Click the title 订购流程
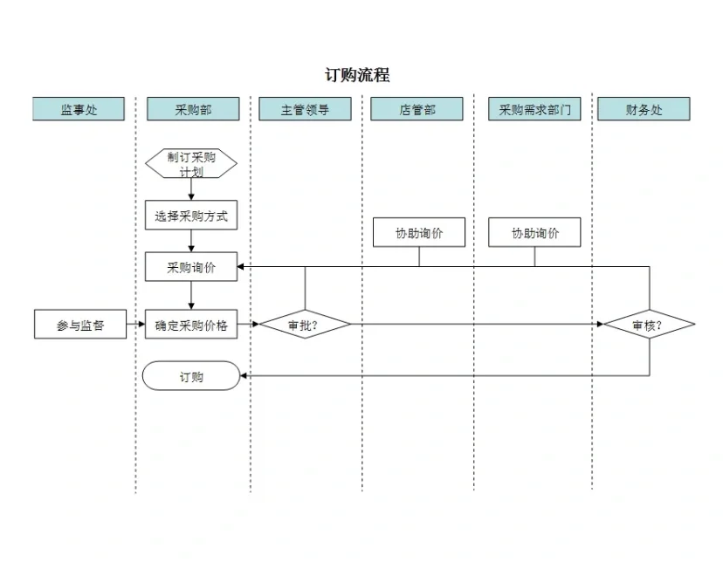click(x=358, y=75)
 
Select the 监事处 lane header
click(x=79, y=109)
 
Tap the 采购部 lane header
click(x=193, y=109)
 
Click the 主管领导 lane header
click(x=305, y=109)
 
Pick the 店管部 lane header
click(x=417, y=109)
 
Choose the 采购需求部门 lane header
click(x=534, y=109)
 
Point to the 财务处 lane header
click(x=644, y=109)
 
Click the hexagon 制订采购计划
click(x=191, y=163)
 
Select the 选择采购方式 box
click(x=191, y=216)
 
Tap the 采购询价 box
click(x=191, y=268)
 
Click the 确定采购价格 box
click(x=191, y=325)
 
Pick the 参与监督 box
click(x=80, y=325)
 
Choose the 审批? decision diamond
click(x=305, y=325)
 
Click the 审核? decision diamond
click(x=649, y=325)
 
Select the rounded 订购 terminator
click(x=191, y=376)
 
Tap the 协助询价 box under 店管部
click(x=418, y=233)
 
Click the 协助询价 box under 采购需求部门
click(x=534, y=233)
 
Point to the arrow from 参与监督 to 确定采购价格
click(x=135, y=325)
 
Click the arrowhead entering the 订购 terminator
click(x=244, y=376)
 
